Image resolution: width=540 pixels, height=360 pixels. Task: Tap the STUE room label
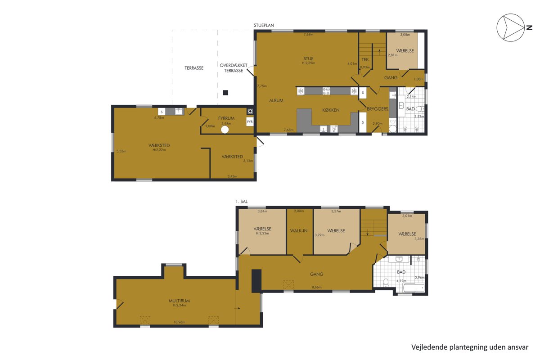308,58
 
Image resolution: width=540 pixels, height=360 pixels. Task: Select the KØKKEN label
331,110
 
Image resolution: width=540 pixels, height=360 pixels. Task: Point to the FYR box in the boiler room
250,122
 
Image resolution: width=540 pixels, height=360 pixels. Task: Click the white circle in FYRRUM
225,130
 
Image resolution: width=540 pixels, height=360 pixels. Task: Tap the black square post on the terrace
225,93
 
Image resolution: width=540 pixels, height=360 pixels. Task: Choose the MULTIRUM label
180,301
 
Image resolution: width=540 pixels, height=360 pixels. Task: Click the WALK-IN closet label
299,231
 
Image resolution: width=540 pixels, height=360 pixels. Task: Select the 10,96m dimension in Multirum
180,322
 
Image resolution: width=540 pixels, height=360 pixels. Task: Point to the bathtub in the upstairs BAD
414,288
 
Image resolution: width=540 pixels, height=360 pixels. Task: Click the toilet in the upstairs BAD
386,282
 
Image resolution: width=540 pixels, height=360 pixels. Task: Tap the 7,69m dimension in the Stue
309,35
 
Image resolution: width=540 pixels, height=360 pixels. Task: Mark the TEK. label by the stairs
365,59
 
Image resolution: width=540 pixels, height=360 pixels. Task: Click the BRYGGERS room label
378,109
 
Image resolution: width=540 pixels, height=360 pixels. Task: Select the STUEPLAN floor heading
264,25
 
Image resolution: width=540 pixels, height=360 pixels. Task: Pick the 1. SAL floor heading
242,202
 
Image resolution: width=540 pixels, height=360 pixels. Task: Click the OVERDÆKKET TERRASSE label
234,68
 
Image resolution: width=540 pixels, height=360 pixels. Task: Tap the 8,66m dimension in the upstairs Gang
316,287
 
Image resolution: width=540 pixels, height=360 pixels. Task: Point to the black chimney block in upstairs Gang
256,281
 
